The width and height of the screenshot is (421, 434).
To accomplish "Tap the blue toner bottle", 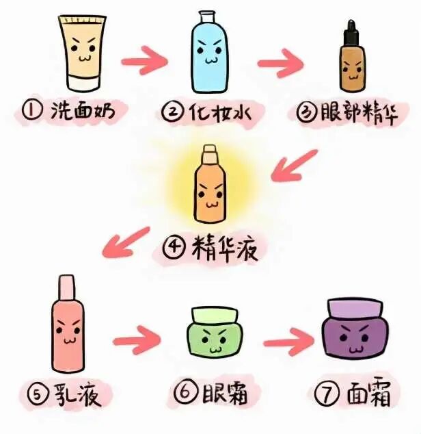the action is pyautogui.click(x=210, y=52).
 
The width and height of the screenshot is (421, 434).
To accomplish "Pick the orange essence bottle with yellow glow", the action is pyautogui.click(x=210, y=183).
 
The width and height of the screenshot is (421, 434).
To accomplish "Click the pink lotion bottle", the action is pyautogui.click(x=68, y=324).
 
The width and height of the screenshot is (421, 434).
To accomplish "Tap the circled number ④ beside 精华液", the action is pyautogui.click(x=174, y=247).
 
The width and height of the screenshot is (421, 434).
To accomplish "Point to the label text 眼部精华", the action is pyautogui.click(x=359, y=113).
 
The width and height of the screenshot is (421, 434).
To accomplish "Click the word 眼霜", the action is pyautogui.click(x=224, y=392).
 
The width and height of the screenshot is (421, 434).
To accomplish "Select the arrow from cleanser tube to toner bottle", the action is pyautogui.click(x=145, y=61).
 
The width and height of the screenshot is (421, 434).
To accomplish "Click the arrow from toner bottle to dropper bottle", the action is pyautogui.click(x=281, y=64).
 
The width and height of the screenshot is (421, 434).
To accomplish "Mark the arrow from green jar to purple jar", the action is pyautogui.click(x=289, y=342).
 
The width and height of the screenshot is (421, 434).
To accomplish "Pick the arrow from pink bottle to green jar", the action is pyautogui.click(x=137, y=340).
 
